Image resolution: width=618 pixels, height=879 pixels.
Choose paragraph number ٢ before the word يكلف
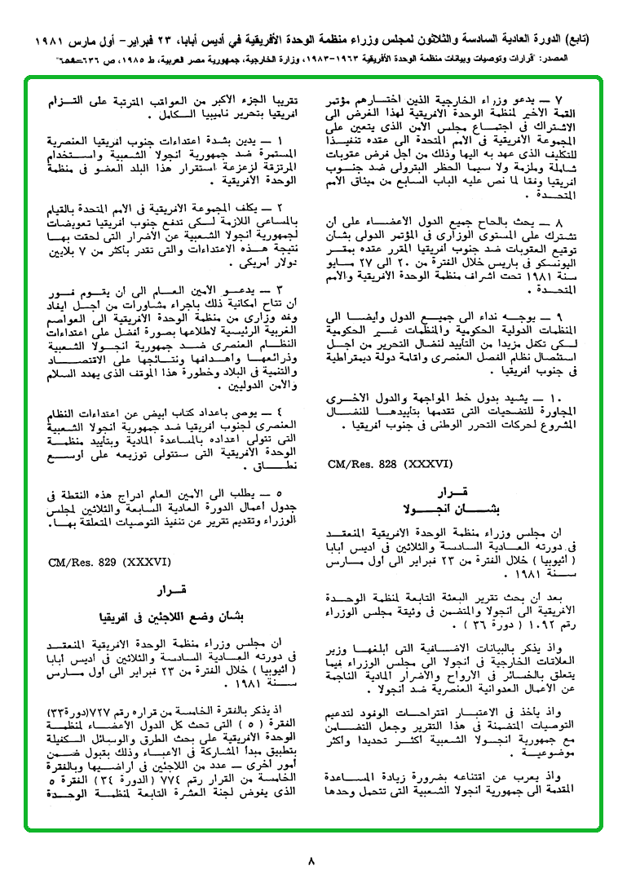[277, 210]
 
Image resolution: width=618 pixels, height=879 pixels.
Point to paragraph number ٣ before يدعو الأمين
[277, 289]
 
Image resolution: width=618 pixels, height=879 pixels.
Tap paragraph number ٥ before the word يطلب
[277, 493]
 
